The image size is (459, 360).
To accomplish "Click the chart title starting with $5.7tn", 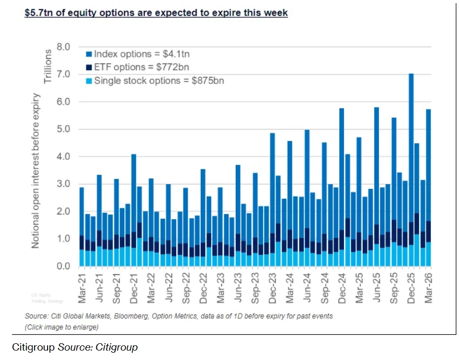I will [156, 13].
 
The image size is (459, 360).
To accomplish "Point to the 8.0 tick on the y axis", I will [63, 47].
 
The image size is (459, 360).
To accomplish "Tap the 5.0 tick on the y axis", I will [63, 129].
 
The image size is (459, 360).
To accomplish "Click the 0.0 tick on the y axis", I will [63, 266].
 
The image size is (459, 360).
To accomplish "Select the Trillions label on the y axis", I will [48, 66].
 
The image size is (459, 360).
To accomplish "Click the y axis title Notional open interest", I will [36, 170].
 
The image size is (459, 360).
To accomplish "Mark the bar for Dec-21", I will [134, 209].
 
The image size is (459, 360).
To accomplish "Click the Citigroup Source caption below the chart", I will [75, 347].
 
